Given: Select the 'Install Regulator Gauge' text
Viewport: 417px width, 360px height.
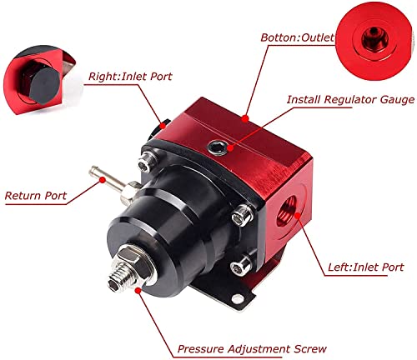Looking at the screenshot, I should [349, 100].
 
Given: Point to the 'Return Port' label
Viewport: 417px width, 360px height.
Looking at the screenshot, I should [38, 197].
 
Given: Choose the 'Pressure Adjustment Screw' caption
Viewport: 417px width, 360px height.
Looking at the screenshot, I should [250, 349].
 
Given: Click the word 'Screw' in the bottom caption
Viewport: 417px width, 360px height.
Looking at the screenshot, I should [306, 349].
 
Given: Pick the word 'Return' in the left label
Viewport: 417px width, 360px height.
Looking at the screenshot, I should [23, 197].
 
